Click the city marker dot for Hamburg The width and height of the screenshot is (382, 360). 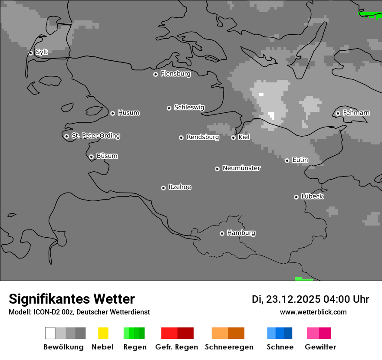pos(222,233)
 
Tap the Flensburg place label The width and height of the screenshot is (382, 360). pos(175,74)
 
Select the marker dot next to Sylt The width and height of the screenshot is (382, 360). pos(31,53)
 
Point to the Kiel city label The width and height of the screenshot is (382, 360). pos(244,137)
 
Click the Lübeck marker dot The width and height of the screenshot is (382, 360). pos(296,197)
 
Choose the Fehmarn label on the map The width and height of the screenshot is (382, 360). pos(356,113)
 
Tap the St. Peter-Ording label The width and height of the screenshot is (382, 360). pos(95,136)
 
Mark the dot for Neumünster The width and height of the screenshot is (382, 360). pos(217,169)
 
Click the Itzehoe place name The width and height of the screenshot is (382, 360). pos(180,187)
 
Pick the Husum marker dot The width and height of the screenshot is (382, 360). pos(112,113)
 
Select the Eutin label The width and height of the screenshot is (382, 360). pos(300,160)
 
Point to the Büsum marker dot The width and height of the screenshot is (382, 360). pos(91,157)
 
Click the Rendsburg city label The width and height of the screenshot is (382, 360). pos(203,137)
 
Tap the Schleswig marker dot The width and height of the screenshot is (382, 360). pos(169,108)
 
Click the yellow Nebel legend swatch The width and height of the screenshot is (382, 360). pos(103,333)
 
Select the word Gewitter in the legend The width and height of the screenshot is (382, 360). pos(320,347)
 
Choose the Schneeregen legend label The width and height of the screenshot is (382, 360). pos(229,347)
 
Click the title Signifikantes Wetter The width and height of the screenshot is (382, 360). pos(72,299)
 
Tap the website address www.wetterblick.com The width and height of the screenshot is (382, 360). pos(313,312)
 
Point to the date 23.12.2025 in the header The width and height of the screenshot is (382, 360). pos(293,299)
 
